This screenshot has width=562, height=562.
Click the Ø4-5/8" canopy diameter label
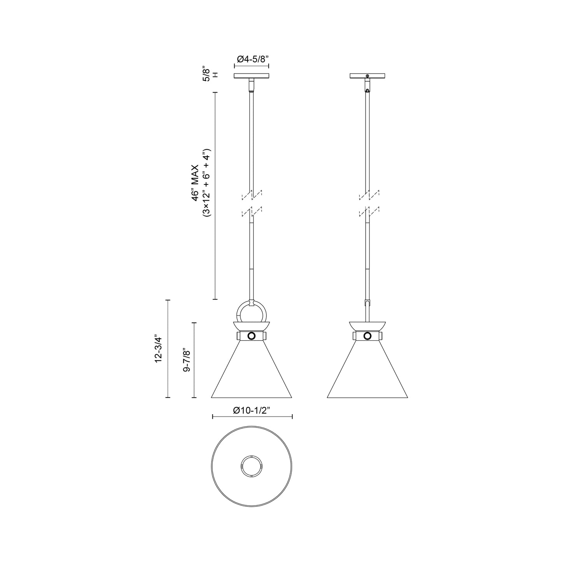point(253,59)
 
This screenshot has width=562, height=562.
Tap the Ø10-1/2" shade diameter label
point(252,410)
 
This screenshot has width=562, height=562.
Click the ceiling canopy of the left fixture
point(251,75)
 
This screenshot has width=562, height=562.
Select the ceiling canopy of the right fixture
point(367,75)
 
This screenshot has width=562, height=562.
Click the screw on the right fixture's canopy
point(367,75)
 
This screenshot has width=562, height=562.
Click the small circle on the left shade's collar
point(251,336)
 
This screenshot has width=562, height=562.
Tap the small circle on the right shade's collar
point(367,336)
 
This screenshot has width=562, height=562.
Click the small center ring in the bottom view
point(251,466)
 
